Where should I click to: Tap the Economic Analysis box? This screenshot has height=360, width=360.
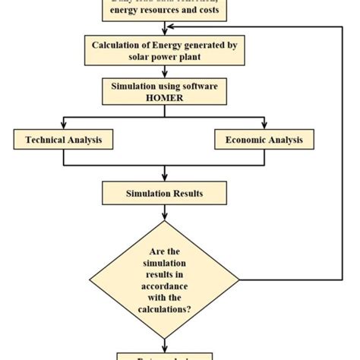264,140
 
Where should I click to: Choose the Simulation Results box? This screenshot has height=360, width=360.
164,194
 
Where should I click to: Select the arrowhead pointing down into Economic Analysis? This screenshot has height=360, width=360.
264,125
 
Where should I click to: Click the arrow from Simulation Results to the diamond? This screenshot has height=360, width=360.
164,213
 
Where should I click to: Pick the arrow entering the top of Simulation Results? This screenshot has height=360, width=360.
164,178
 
